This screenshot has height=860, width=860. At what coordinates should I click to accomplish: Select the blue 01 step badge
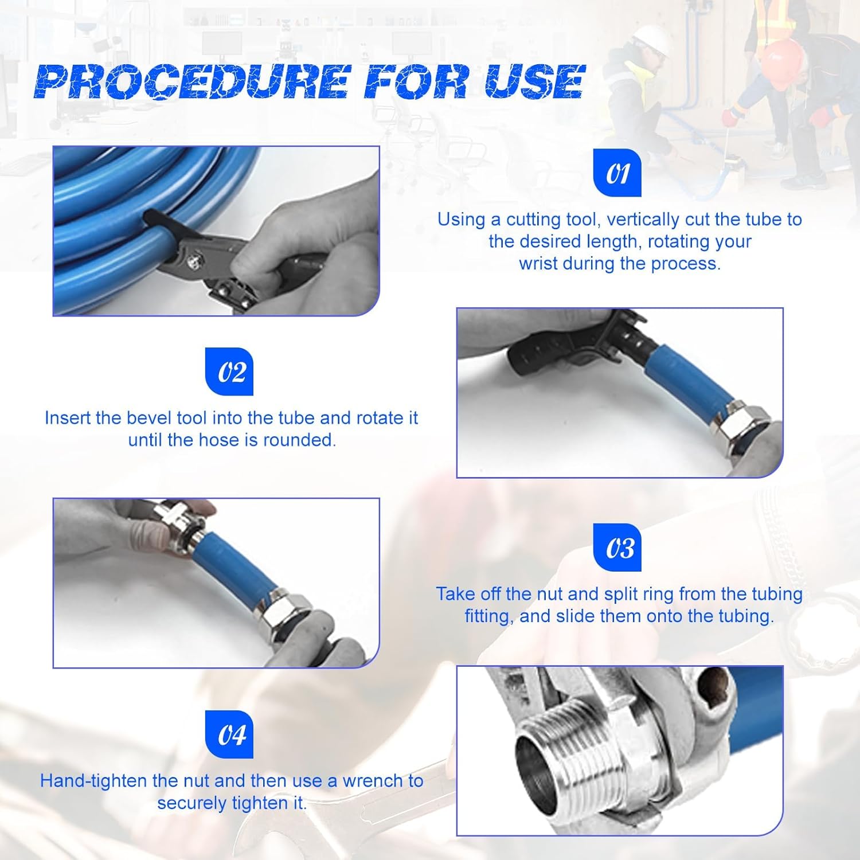[x=617, y=173]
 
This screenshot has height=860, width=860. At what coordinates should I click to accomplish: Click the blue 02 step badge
[x=229, y=372]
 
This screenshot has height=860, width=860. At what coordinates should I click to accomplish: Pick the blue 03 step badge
[x=617, y=548]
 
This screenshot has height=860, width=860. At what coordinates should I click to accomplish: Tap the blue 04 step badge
[x=229, y=734]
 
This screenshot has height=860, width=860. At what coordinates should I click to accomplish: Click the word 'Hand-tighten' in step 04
[x=93, y=781]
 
